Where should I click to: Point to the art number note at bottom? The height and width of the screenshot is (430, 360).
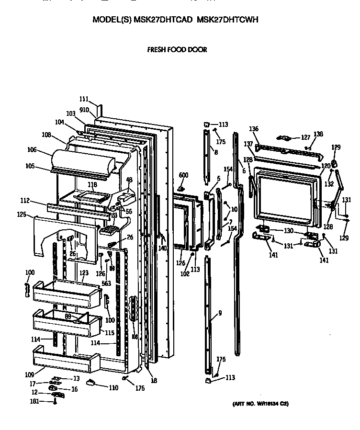pos(260,404)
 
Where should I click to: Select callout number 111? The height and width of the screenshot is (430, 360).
pos(84,99)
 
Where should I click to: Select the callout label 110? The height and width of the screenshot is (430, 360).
pos(113,388)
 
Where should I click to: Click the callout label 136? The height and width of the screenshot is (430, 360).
pos(254,129)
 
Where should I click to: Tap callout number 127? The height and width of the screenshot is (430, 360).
pos(305,137)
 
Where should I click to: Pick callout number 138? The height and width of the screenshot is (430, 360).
pos(318,134)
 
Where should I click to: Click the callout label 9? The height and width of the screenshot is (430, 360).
pos(220,313)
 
